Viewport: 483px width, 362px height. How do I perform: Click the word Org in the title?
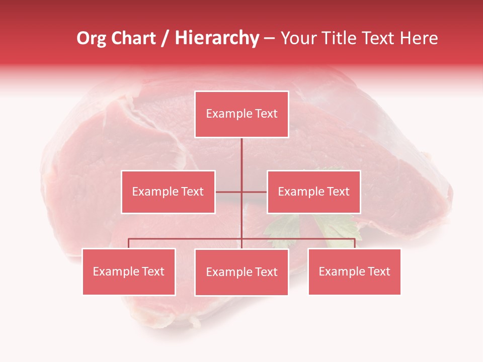tap(91, 38)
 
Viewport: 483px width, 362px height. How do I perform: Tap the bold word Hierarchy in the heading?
tap(217, 38)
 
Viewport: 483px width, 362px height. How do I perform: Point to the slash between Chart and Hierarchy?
tap(165, 39)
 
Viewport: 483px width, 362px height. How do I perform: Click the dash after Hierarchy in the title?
tap(269, 39)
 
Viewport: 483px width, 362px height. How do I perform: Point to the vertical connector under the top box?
tap(242, 156)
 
